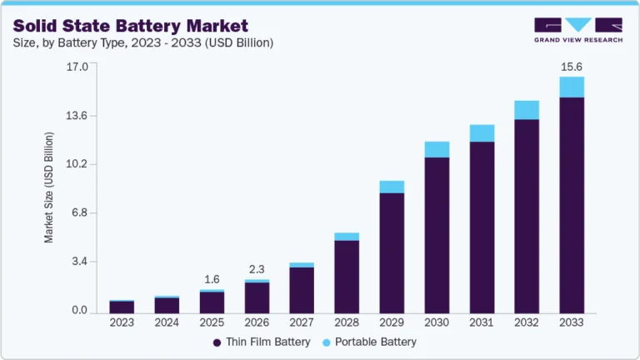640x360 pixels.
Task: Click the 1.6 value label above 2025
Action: (x=212, y=278)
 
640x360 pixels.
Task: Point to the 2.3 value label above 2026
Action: (x=257, y=268)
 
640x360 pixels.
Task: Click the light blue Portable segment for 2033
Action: (x=572, y=87)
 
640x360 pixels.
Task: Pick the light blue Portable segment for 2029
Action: (x=392, y=187)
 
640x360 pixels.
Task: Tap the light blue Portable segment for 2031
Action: (x=482, y=133)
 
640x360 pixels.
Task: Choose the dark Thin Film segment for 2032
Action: (x=527, y=216)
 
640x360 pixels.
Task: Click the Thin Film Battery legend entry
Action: (x=262, y=342)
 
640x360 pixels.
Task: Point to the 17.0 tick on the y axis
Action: (x=76, y=67)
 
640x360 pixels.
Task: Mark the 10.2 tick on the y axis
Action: (x=76, y=164)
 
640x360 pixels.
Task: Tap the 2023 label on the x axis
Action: (x=122, y=322)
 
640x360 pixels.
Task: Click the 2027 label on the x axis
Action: (x=302, y=322)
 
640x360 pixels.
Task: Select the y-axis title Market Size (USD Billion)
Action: (x=49, y=187)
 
